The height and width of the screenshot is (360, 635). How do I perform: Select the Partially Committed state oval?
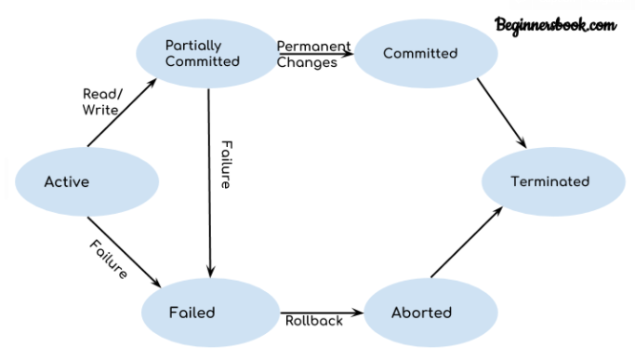[204, 53]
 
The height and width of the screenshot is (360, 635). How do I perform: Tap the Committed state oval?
[421, 53]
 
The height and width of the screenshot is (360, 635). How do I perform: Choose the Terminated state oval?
[550, 181]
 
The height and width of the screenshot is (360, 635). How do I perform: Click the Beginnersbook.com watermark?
[555, 25]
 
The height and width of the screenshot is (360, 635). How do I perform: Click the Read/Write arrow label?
[99, 101]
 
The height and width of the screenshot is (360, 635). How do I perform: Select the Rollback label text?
[314, 321]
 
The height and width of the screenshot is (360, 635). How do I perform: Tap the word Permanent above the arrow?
[314, 46]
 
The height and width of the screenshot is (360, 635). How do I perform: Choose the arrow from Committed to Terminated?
[501, 113]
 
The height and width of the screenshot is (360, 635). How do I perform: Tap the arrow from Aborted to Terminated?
[467, 243]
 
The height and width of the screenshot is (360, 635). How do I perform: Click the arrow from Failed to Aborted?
[321, 312]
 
